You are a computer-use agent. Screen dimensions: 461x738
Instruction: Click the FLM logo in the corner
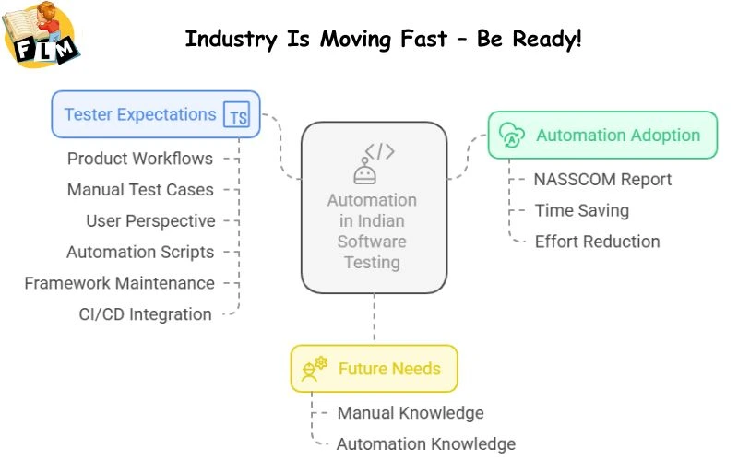(x=42, y=35)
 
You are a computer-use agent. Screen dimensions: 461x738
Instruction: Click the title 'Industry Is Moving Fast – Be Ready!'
(x=383, y=40)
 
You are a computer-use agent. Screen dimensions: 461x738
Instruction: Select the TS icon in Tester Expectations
(x=238, y=116)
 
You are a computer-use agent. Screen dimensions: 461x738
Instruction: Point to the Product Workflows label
(x=139, y=159)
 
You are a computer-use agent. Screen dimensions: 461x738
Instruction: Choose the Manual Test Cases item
(x=139, y=190)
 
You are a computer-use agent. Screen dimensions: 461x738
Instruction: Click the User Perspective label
(x=150, y=221)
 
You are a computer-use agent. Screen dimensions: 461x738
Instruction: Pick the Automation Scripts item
(x=139, y=253)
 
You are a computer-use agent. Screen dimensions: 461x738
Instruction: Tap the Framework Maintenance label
(x=119, y=284)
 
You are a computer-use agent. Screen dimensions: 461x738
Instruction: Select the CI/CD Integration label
(x=145, y=314)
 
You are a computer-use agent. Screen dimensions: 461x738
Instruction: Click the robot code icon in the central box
(x=374, y=162)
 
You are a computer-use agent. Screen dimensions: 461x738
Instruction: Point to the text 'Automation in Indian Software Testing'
(x=372, y=231)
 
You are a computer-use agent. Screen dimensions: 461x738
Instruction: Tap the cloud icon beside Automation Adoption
(x=512, y=136)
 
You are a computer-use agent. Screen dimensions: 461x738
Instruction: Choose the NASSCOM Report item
(x=602, y=180)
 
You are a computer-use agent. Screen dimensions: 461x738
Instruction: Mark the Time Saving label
(x=581, y=211)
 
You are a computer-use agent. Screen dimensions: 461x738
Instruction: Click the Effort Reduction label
(x=597, y=242)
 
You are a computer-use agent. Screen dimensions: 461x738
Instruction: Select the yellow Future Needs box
(x=374, y=369)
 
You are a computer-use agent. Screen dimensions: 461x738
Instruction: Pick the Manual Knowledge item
(x=410, y=413)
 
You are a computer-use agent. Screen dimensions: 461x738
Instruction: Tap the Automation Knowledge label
(x=425, y=444)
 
